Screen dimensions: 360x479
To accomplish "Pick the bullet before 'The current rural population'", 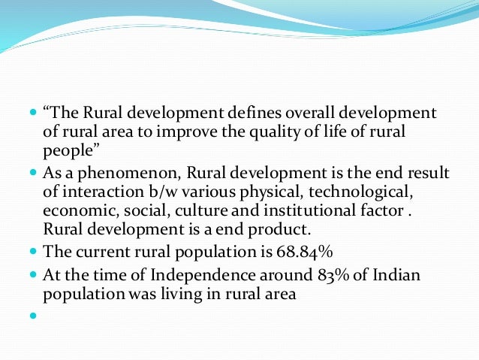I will [x=32, y=251].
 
